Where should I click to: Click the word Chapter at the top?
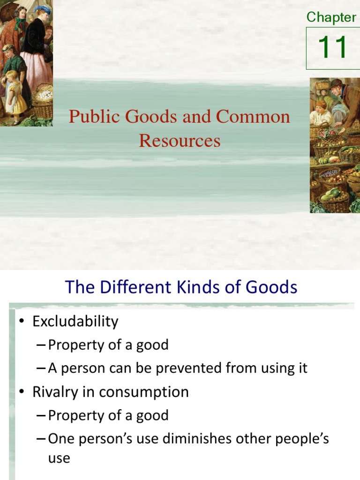pyautogui.click(x=331, y=17)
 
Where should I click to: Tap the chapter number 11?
pyautogui.click(x=332, y=48)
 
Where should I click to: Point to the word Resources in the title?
pyautogui.click(x=180, y=140)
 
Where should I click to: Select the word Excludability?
pyautogui.click(x=75, y=322)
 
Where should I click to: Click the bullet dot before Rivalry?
pyautogui.click(x=21, y=392)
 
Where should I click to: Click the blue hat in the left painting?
pyautogui.click(x=43, y=9)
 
